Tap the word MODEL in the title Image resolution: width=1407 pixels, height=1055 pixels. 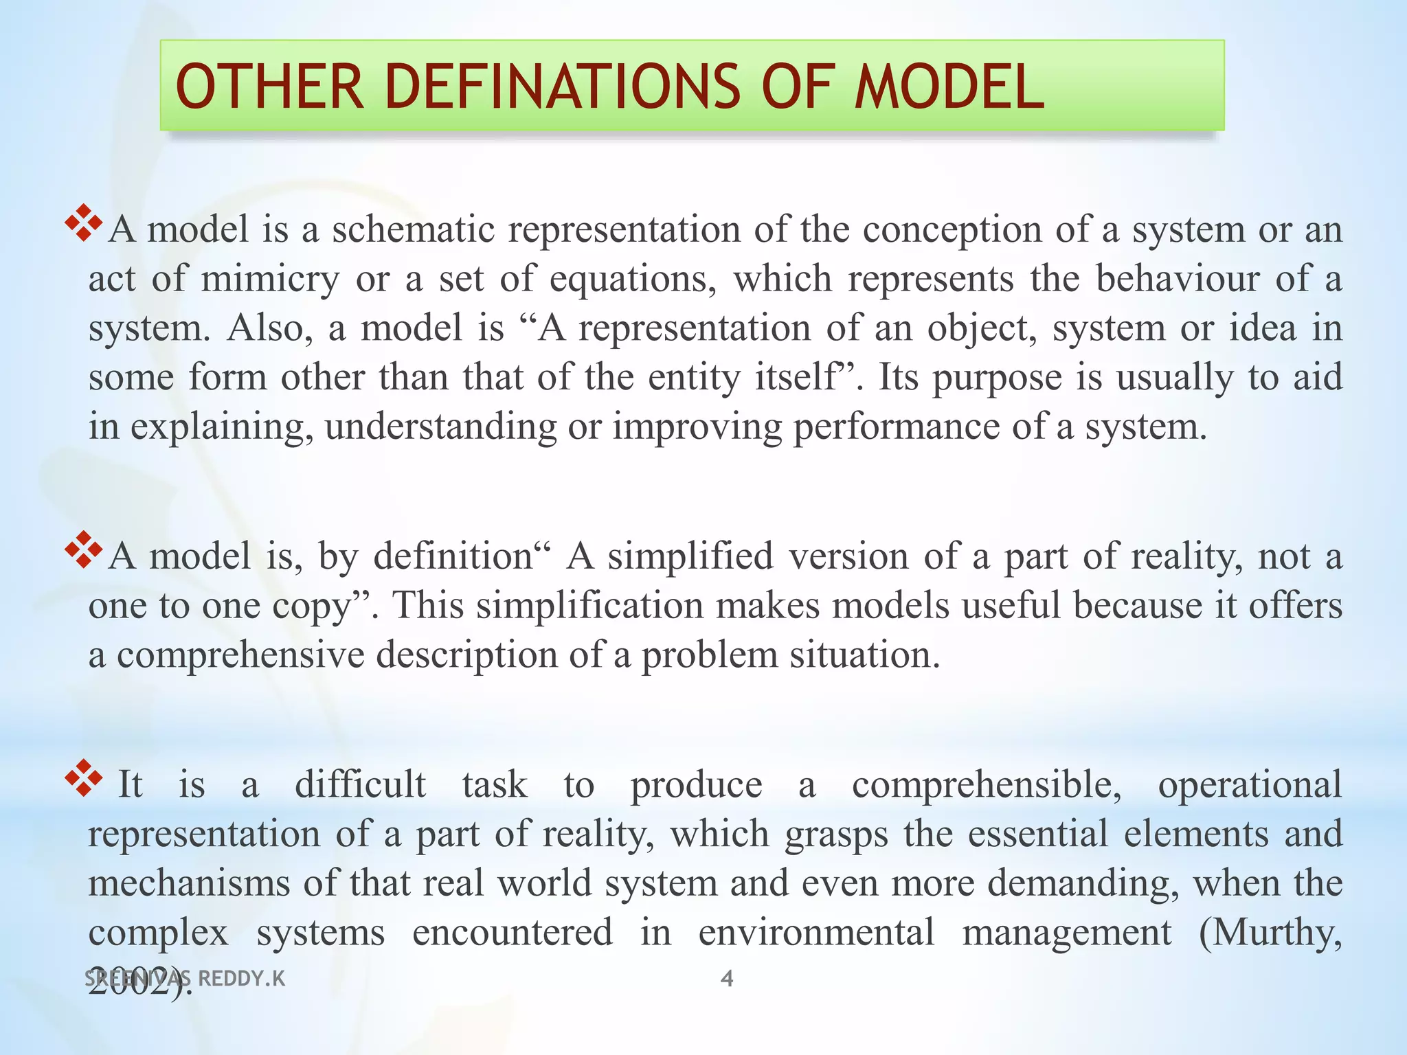[949, 87]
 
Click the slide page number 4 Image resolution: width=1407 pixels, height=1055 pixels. [727, 978]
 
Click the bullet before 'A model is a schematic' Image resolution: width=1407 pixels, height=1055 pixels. [83, 223]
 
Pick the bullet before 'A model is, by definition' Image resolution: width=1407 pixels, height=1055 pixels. [83, 549]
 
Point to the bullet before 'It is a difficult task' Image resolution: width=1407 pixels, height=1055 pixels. [83, 778]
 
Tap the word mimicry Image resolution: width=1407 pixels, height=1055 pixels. [271, 279]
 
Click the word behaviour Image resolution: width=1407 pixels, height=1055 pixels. [1178, 279]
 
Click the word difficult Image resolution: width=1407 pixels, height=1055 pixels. [360, 784]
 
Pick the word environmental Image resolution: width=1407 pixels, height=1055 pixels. [816, 933]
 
